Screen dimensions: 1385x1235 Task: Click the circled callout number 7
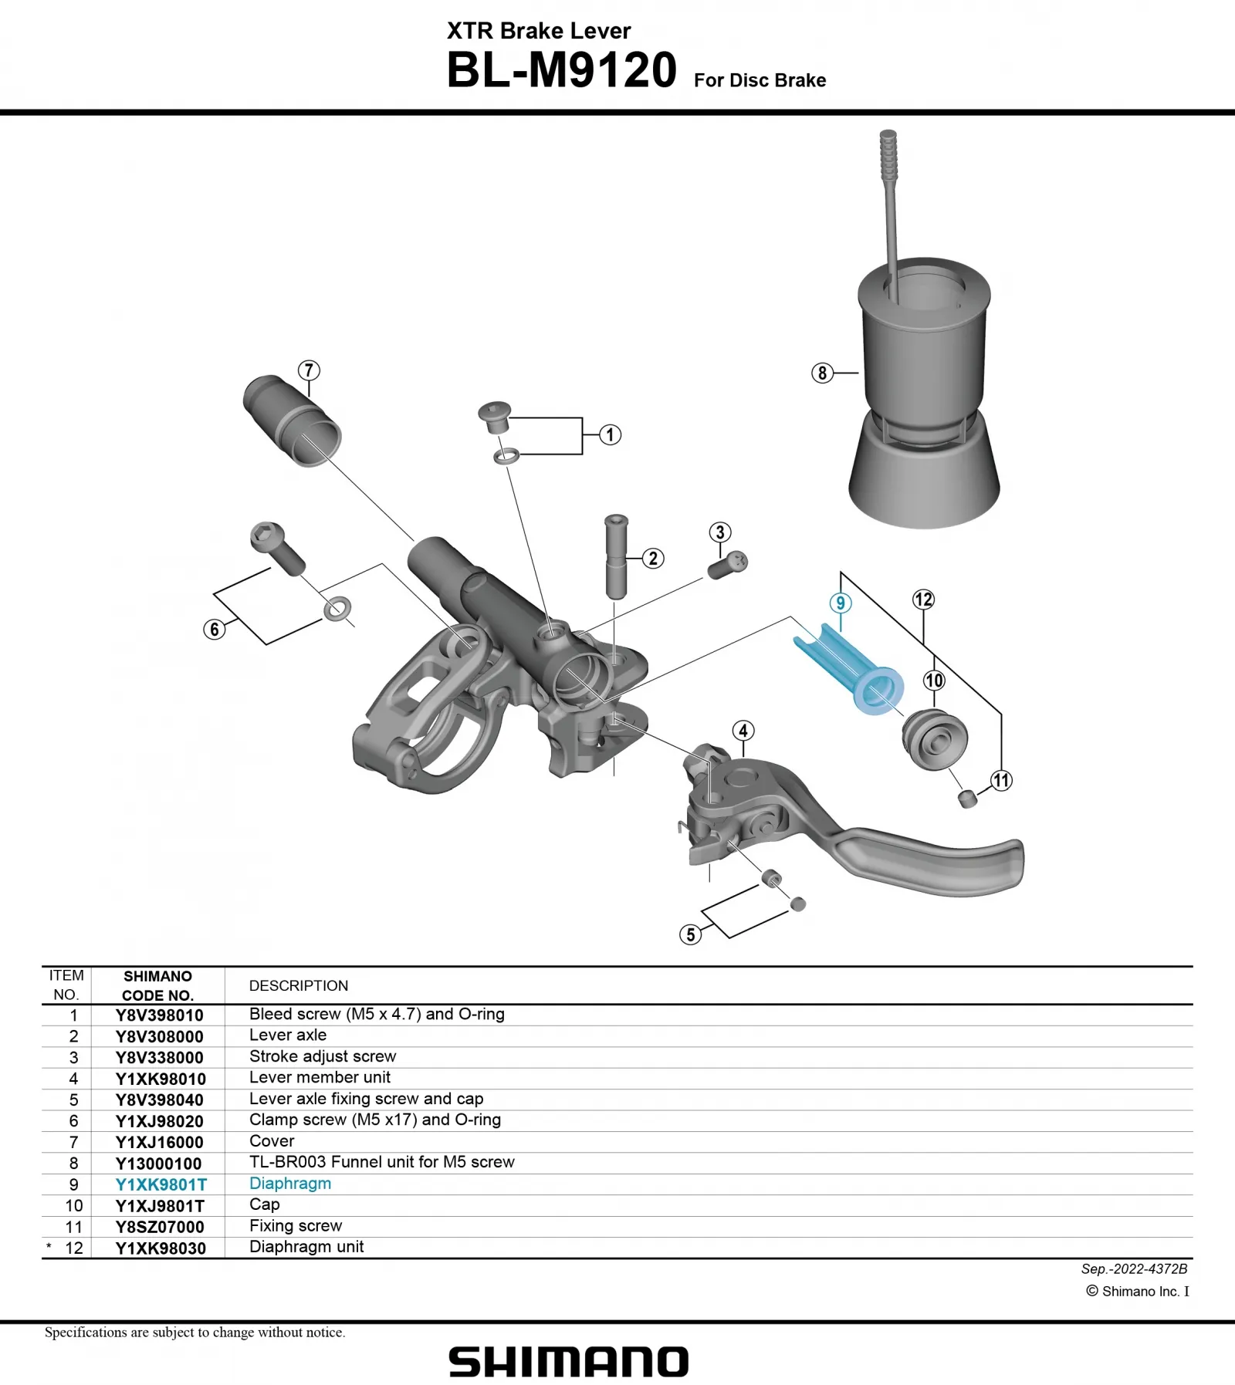(309, 370)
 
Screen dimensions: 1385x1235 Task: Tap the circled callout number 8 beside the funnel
(822, 373)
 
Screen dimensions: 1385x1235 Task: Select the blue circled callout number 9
(841, 603)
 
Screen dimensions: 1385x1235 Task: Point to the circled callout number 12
(923, 600)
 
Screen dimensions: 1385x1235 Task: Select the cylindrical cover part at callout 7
(293, 421)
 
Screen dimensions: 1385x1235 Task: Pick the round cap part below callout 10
(933, 739)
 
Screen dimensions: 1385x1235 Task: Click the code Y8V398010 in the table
(160, 1015)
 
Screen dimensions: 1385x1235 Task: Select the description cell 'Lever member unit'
(320, 1077)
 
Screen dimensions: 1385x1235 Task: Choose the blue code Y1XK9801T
(161, 1184)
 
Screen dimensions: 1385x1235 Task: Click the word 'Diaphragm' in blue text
(290, 1184)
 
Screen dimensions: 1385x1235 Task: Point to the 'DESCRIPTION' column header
(299, 986)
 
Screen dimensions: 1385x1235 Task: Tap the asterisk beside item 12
(49, 1247)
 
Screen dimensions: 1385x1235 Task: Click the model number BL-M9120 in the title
(561, 71)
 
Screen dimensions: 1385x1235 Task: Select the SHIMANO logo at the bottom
(569, 1363)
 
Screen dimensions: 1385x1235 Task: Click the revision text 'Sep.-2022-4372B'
(1134, 1268)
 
